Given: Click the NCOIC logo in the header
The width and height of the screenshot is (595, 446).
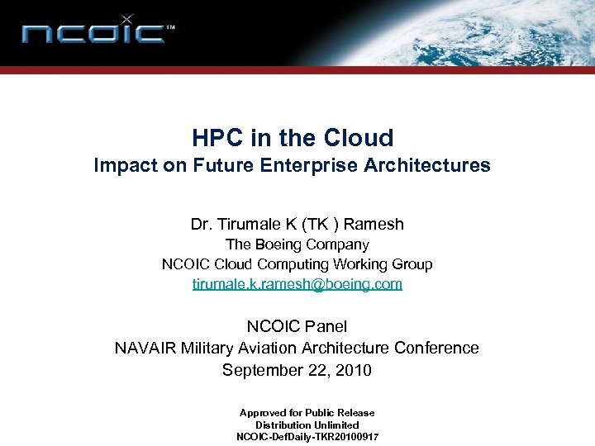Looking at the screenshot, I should [x=98, y=33].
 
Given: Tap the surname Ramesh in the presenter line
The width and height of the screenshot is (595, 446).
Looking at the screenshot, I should [x=374, y=224].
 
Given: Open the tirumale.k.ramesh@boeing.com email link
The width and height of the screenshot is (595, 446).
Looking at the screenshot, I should [x=297, y=284].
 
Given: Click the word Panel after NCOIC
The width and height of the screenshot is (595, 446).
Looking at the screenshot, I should [x=327, y=326].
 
